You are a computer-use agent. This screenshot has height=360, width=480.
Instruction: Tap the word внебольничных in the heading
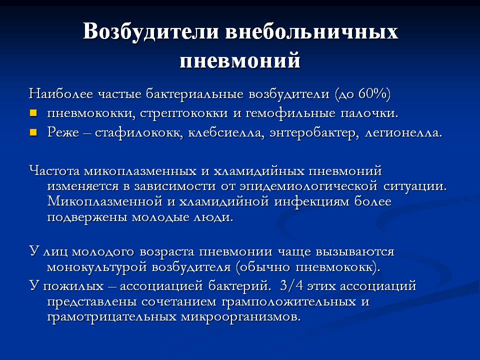(x=311, y=31)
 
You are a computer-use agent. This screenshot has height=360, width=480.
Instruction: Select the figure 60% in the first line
(x=371, y=93)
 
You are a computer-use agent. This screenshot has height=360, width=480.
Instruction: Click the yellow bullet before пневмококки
(x=33, y=113)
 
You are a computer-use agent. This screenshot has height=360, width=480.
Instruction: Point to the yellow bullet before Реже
(x=33, y=132)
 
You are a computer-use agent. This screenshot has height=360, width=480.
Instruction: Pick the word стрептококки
(x=184, y=113)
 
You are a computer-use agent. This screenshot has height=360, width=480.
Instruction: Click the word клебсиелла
(x=226, y=133)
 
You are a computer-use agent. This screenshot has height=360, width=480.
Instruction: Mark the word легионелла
(x=403, y=133)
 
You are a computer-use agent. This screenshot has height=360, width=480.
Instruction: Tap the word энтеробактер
(x=314, y=133)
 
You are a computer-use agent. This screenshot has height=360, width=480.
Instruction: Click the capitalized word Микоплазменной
(x=104, y=201)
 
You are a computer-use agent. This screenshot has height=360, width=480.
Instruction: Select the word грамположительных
(x=288, y=302)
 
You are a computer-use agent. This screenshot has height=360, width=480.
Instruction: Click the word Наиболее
(x=60, y=93)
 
